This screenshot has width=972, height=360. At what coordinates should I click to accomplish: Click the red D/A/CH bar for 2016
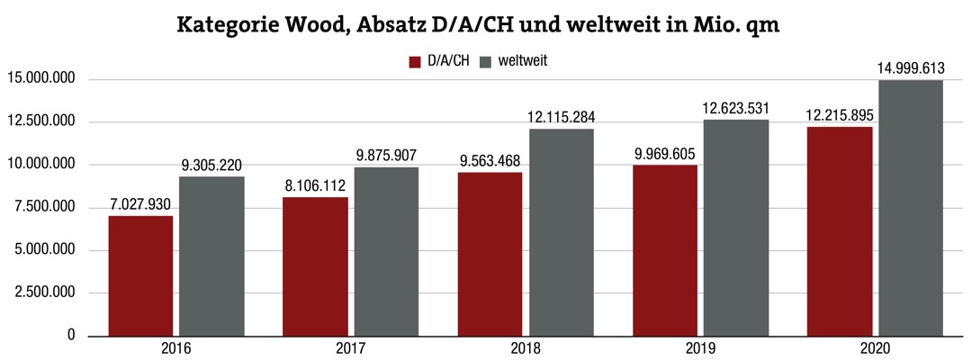[x=140, y=275]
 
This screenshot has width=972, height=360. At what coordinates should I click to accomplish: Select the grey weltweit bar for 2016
[x=211, y=256]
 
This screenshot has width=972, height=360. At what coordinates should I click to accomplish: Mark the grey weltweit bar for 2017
[x=386, y=251]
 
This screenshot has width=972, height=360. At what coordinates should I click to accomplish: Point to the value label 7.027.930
[x=140, y=203]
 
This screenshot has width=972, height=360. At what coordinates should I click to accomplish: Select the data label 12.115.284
[x=562, y=117]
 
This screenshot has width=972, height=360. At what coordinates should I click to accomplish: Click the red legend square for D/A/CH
[x=415, y=62]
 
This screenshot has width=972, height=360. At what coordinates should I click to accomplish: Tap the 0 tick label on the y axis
[x=71, y=336]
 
